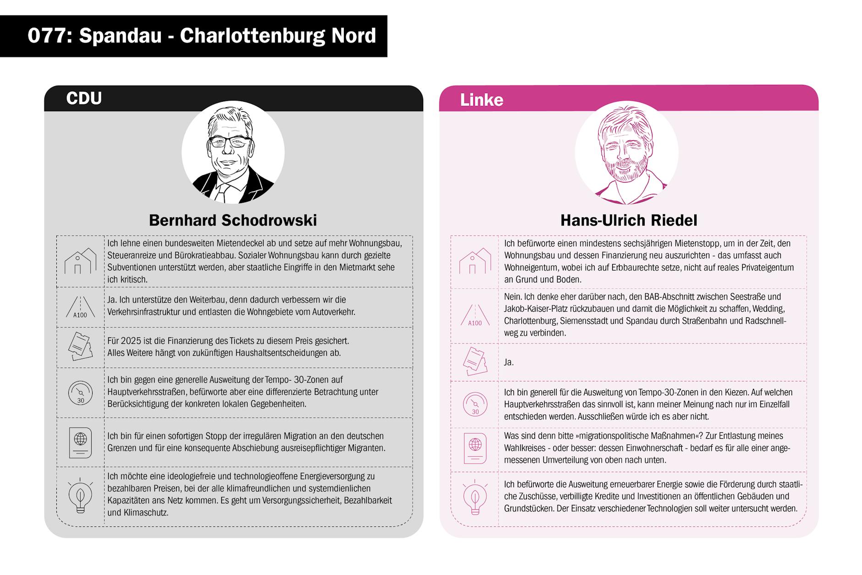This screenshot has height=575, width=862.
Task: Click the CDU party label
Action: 83,99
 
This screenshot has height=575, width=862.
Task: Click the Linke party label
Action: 481,100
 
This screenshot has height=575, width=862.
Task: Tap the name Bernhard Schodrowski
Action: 232,221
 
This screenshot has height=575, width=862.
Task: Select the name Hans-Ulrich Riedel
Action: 628,221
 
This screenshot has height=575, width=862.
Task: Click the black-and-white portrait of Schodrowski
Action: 233,152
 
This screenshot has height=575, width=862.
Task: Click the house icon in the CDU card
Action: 80,261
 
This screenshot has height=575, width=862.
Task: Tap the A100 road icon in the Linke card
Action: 475,316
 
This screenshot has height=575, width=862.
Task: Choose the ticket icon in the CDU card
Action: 80,347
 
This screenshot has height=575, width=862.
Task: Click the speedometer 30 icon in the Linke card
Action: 475,404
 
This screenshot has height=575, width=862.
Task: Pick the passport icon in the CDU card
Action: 80,442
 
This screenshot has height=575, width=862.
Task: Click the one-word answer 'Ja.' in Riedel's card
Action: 508,362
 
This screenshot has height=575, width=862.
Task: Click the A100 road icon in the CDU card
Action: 80,307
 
